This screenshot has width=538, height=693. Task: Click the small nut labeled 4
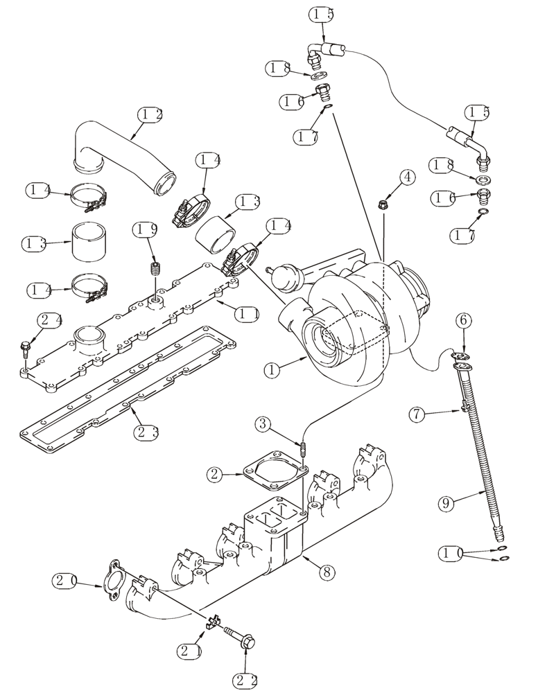[x=383, y=204]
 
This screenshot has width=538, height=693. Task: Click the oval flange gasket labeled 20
[x=109, y=579]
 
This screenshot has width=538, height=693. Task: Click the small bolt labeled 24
[x=26, y=346]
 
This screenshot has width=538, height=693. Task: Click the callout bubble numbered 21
[x=189, y=651]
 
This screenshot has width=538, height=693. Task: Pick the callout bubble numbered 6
[x=465, y=320]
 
